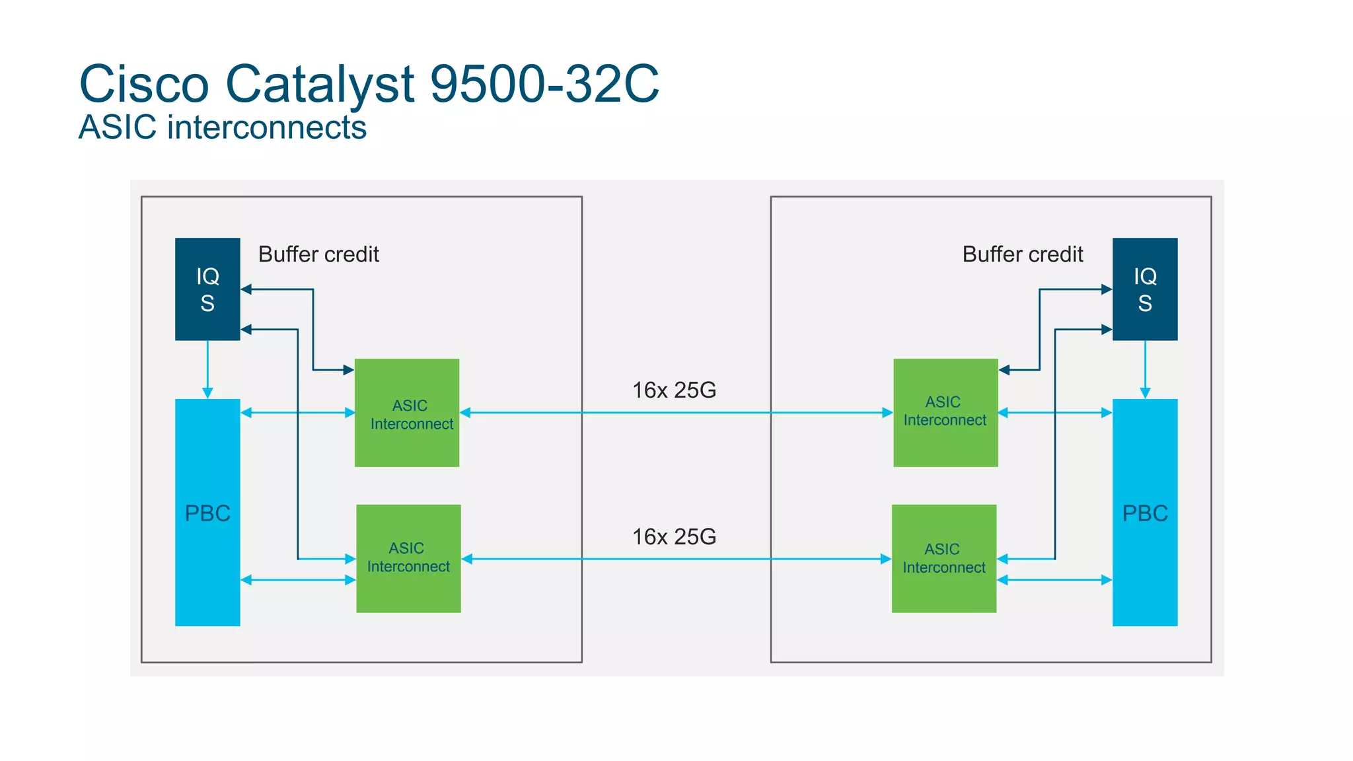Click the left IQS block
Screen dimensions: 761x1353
tap(207, 289)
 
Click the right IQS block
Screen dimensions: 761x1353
tap(1145, 289)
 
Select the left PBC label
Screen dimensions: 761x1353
tap(207, 513)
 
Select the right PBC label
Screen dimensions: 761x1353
tap(1145, 513)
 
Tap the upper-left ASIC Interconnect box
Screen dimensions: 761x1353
tap(407, 414)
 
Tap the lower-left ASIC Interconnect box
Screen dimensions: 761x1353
tap(408, 558)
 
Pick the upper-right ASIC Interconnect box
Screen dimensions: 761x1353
tap(945, 412)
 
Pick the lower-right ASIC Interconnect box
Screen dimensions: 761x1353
tap(944, 558)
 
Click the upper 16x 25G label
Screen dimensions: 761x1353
tap(674, 390)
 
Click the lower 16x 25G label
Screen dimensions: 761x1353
tap(674, 537)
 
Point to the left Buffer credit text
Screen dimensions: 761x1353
tap(318, 254)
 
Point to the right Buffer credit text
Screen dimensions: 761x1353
tap(1023, 254)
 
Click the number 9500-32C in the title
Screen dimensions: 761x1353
tap(544, 84)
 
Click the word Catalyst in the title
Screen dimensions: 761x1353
tap(320, 84)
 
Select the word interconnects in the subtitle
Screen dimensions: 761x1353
tap(267, 127)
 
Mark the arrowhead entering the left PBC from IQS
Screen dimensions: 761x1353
tap(207, 393)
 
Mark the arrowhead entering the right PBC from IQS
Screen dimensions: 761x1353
tap(1145, 393)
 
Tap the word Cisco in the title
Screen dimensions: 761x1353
tap(144, 84)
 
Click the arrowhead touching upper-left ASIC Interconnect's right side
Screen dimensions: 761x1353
tap(465, 413)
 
